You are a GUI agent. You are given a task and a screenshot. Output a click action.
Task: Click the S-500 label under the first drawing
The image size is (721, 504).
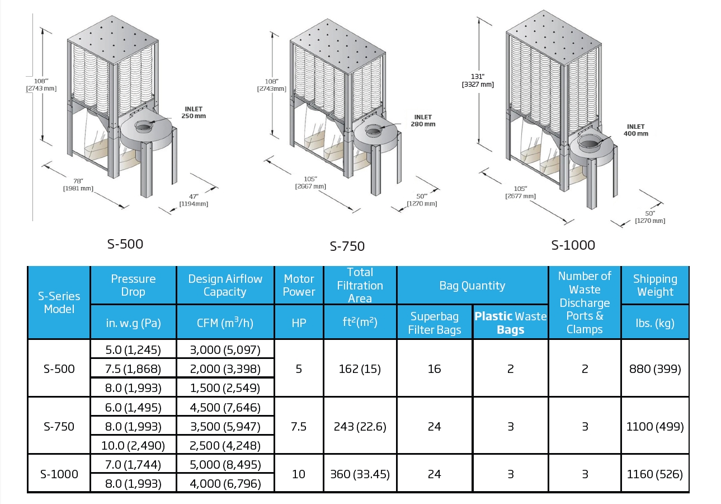click(125, 244)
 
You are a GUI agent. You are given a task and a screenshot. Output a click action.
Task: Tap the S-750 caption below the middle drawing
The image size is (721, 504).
click(347, 246)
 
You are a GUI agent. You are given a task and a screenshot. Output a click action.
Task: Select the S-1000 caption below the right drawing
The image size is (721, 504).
click(573, 245)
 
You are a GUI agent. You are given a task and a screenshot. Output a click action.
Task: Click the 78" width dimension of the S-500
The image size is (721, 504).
click(78, 184)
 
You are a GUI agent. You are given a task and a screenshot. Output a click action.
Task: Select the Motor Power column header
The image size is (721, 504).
click(299, 285)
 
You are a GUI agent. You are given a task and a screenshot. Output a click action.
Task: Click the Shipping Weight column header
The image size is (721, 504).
click(654, 285)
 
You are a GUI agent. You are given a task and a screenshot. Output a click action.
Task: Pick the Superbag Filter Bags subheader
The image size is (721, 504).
click(434, 323)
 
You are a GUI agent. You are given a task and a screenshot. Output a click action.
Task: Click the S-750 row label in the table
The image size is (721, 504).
click(59, 426)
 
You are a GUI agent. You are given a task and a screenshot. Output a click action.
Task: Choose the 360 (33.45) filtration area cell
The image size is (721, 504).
click(360, 474)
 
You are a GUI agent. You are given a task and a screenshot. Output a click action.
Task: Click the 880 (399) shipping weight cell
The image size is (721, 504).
click(654, 368)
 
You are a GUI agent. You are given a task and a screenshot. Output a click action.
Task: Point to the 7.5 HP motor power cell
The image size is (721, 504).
click(299, 426)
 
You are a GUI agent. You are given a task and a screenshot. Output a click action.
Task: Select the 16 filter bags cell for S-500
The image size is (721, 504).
click(434, 368)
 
